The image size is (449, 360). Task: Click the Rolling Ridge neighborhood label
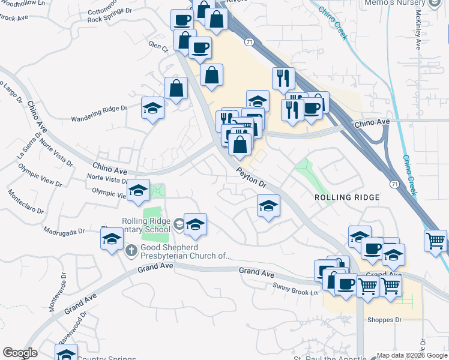[348, 197]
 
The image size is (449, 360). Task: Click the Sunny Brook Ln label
[294, 289]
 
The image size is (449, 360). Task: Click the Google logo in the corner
[20, 353]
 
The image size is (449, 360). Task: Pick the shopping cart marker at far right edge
[435, 241]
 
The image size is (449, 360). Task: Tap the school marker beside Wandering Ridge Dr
[153, 108]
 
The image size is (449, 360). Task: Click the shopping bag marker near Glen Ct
[176, 89]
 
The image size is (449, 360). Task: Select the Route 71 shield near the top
[249, 41]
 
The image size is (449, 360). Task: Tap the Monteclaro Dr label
[25, 202]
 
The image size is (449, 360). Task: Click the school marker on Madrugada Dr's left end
[112, 239]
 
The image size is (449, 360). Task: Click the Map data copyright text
[412, 355]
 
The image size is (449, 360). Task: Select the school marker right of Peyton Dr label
[268, 206]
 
